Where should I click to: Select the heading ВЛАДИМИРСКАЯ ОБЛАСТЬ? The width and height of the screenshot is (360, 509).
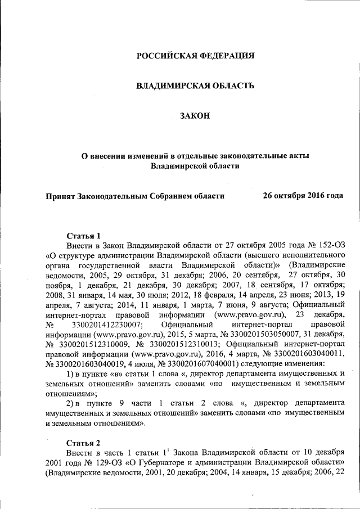coord(196,85)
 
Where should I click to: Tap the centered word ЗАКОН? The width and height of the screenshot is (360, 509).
coord(195,116)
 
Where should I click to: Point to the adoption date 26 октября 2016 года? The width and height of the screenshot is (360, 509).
coord(303,196)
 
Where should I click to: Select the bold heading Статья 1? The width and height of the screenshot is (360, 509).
coord(83,236)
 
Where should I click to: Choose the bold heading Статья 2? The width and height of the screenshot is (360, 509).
coord(83,442)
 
